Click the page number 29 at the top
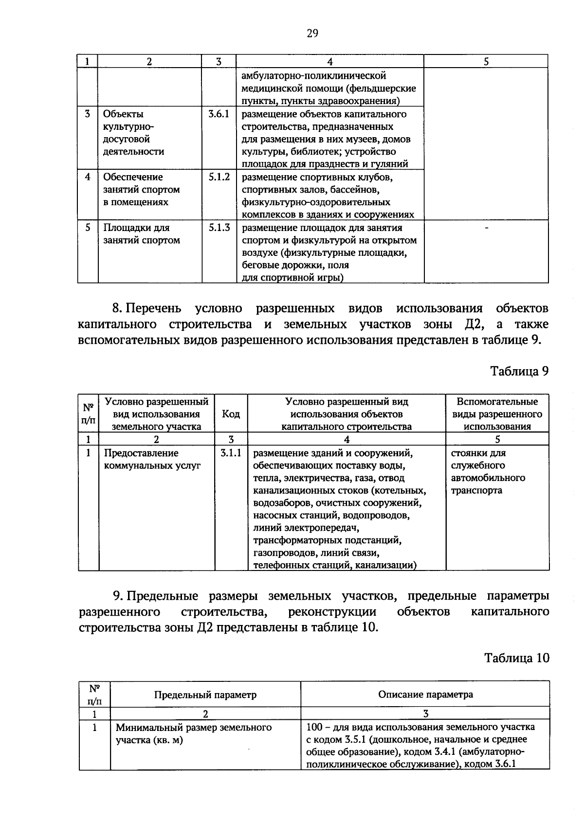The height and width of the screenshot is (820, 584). point(312,33)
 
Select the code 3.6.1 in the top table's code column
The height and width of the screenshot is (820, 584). point(219,114)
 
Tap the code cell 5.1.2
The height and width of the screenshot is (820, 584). point(219,177)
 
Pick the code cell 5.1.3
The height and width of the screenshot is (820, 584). point(219,228)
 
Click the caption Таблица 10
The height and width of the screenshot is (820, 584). point(516,658)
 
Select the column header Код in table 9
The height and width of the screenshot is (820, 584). point(231,414)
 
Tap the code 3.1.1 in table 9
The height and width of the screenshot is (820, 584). point(231,453)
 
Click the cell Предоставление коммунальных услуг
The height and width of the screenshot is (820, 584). point(152,459)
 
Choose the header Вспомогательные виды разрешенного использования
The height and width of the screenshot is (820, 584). point(497,414)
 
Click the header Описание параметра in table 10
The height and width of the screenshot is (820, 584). point(425,695)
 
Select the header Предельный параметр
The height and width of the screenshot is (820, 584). point(205,695)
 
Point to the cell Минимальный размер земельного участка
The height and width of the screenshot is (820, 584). point(193,734)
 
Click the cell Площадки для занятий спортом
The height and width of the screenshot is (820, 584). point(142,234)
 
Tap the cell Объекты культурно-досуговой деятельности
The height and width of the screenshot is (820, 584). point(133,133)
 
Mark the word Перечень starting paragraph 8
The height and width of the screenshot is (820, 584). point(153,308)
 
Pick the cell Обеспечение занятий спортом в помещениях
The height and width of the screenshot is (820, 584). point(141,190)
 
